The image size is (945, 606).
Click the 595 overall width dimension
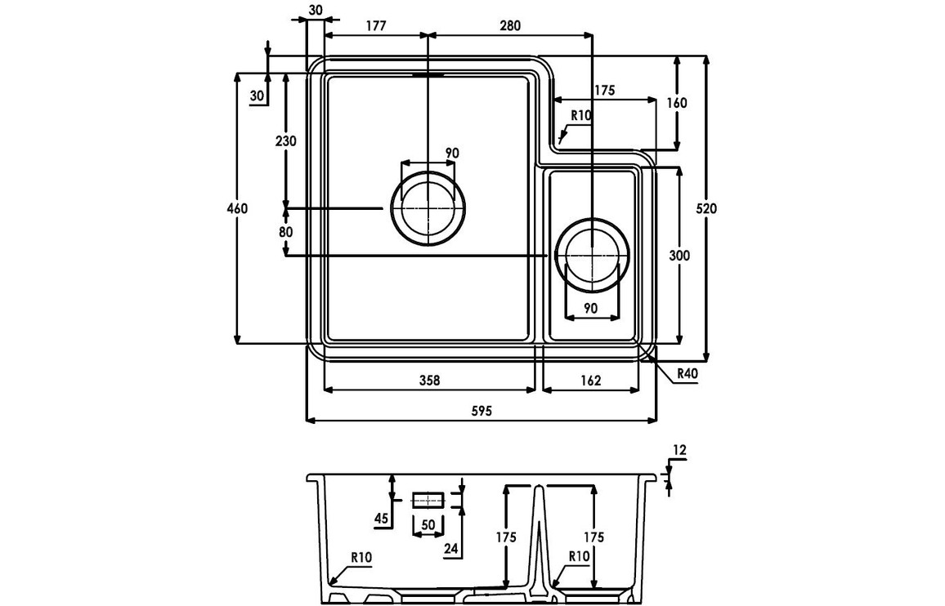pyautogui.click(x=481, y=412)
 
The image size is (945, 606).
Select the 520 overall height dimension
pyautogui.click(x=706, y=208)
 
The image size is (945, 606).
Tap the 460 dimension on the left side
pyautogui.click(x=237, y=208)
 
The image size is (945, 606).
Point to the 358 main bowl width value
pyautogui.click(x=429, y=380)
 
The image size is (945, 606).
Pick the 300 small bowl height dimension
pyautogui.click(x=679, y=256)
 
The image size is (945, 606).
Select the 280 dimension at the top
pyautogui.click(x=509, y=25)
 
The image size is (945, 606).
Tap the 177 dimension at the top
pyautogui.click(x=375, y=25)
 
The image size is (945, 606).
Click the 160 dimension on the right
pyautogui.click(x=677, y=103)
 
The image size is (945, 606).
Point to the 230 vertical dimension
pyautogui.click(x=285, y=140)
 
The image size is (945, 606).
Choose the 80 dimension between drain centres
pyautogui.click(x=285, y=232)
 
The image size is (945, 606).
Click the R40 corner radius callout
pyautogui.click(x=686, y=375)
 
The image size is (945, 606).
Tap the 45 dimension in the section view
pyautogui.click(x=381, y=517)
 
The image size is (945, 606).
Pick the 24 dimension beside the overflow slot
pyautogui.click(x=450, y=549)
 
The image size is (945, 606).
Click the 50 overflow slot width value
pyautogui.click(x=428, y=524)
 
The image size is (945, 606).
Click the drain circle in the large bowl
pyautogui.click(x=428, y=208)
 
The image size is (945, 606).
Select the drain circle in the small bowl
pyautogui.click(x=592, y=255)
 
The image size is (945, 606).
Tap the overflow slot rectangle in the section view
pyautogui.click(x=428, y=499)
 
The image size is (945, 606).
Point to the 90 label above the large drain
pyautogui.click(x=451, y=153)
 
